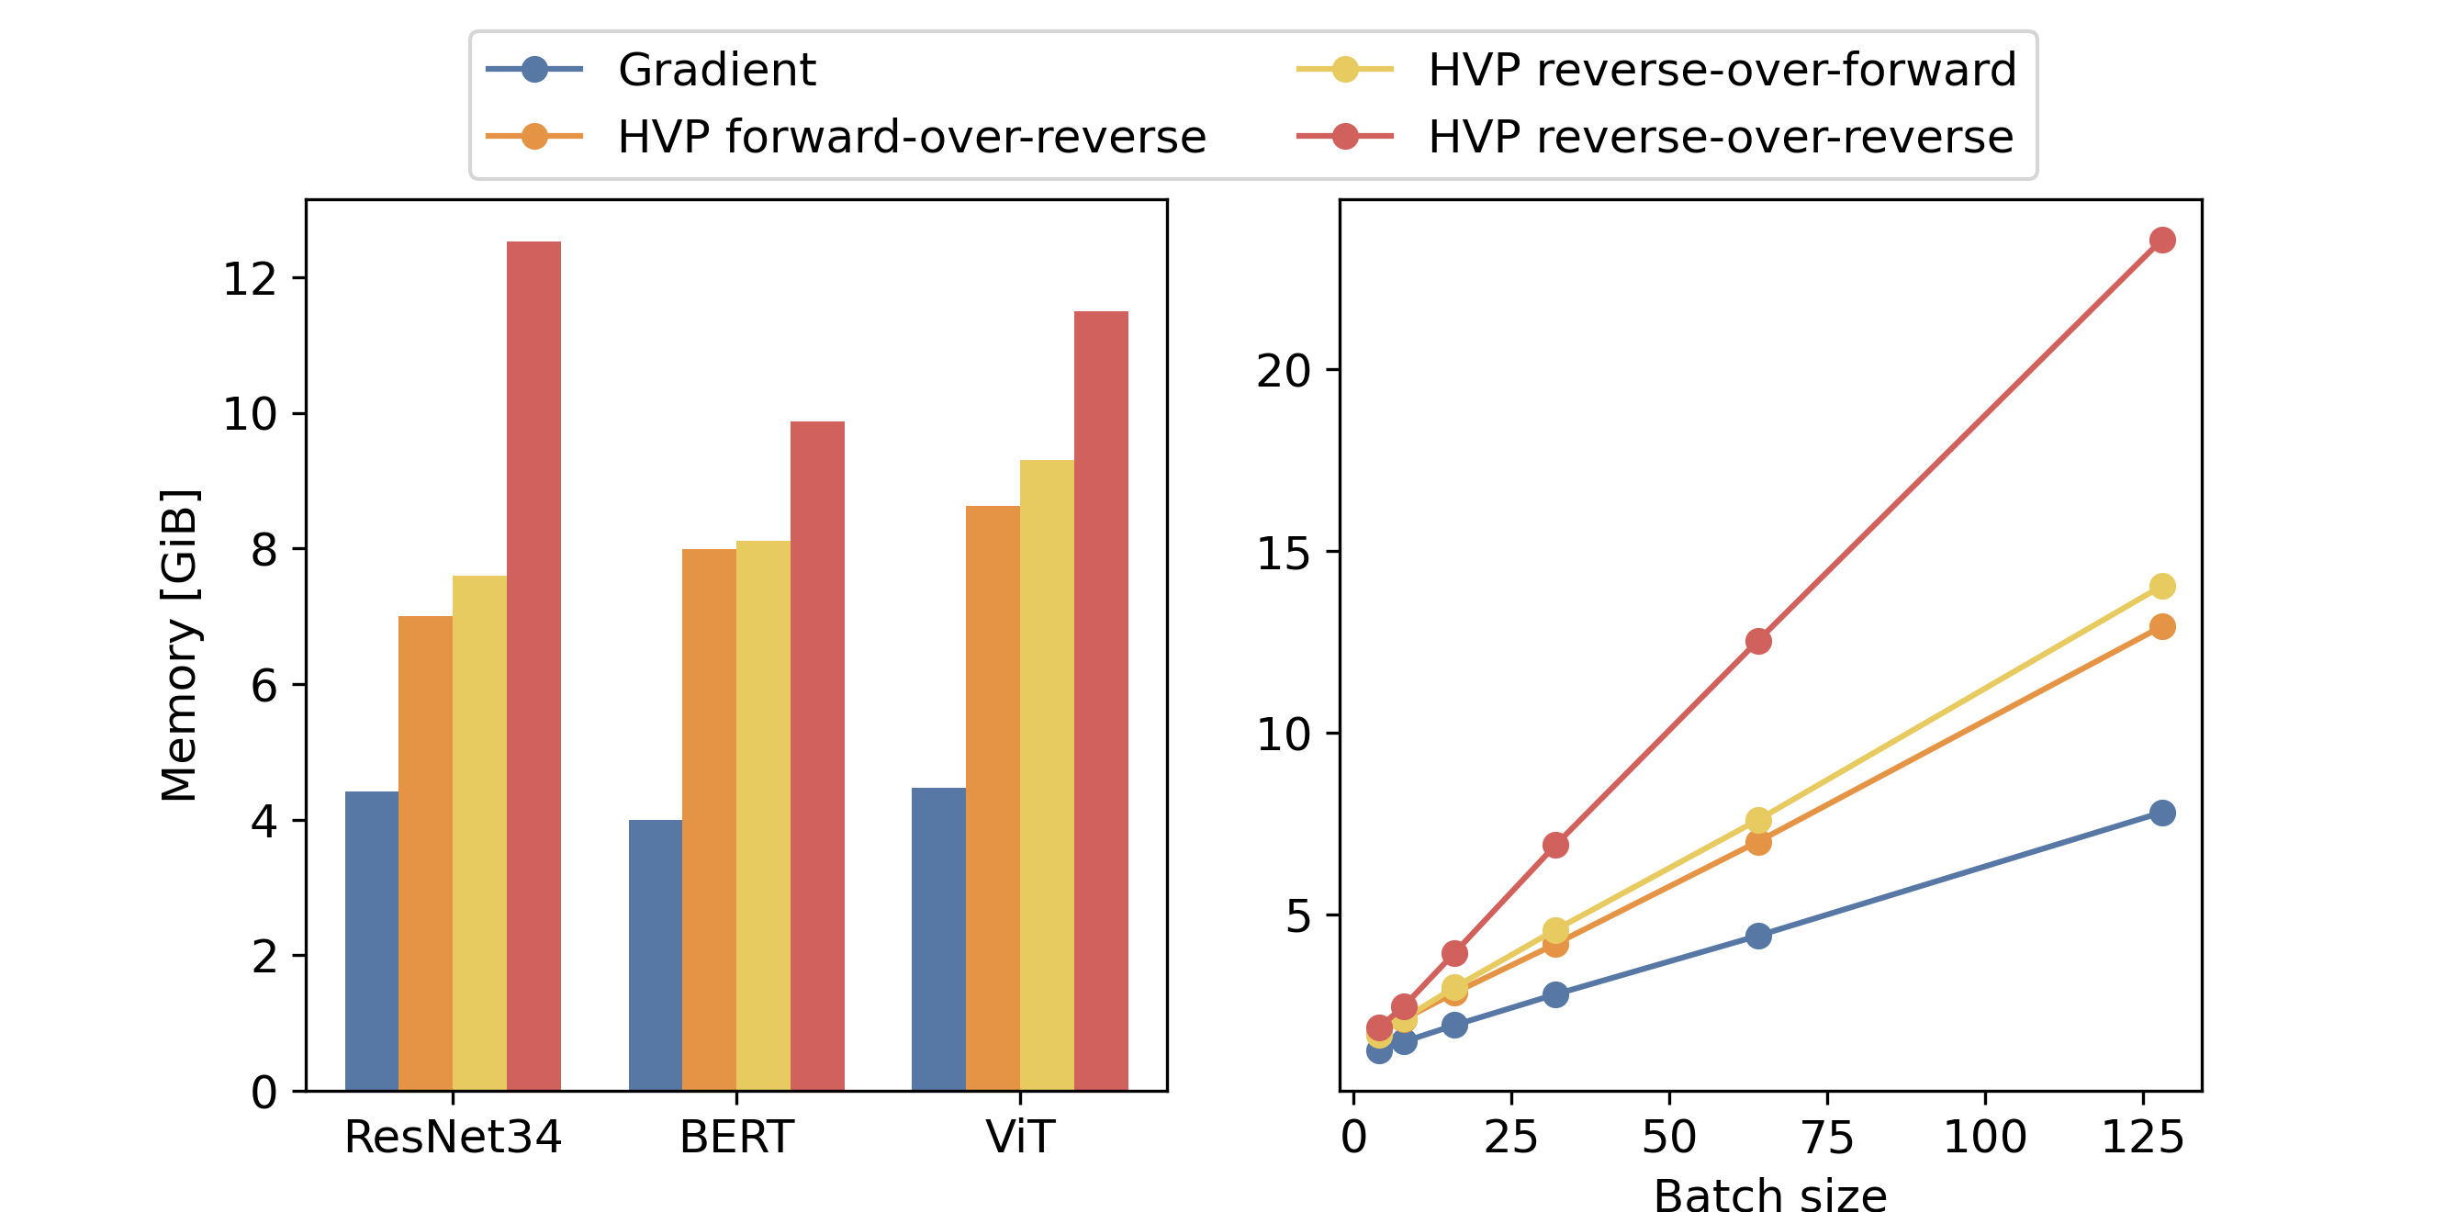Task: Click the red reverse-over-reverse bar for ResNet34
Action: [x=533, y=665]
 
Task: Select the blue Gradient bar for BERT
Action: [x=656, y=955]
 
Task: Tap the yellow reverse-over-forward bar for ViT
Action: [x=1047, y=775]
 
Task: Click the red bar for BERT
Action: [x=816, y=755]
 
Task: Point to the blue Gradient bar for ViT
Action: [x=938, y=938]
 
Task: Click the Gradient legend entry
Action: [x=716, y=71]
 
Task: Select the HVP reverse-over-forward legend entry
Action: [x=1721, y=71]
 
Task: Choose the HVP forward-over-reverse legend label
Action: [x=911, y=137]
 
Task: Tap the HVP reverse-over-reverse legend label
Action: [x=1721, y=137]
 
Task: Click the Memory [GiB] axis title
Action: [x=178, y=645]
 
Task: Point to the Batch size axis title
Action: [x=1770, y=1194]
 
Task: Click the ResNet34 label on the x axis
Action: [x=453, y=1137]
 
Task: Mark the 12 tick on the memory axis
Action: [x=250, y=278]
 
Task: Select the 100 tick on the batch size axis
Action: [x=1984, y=1137]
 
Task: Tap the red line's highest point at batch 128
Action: [x=2162, y=241]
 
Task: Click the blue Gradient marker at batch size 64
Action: [x=1757, y=936]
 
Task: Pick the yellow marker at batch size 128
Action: [x=2162, y=586]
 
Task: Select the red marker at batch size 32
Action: [x=1555, y=845]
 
